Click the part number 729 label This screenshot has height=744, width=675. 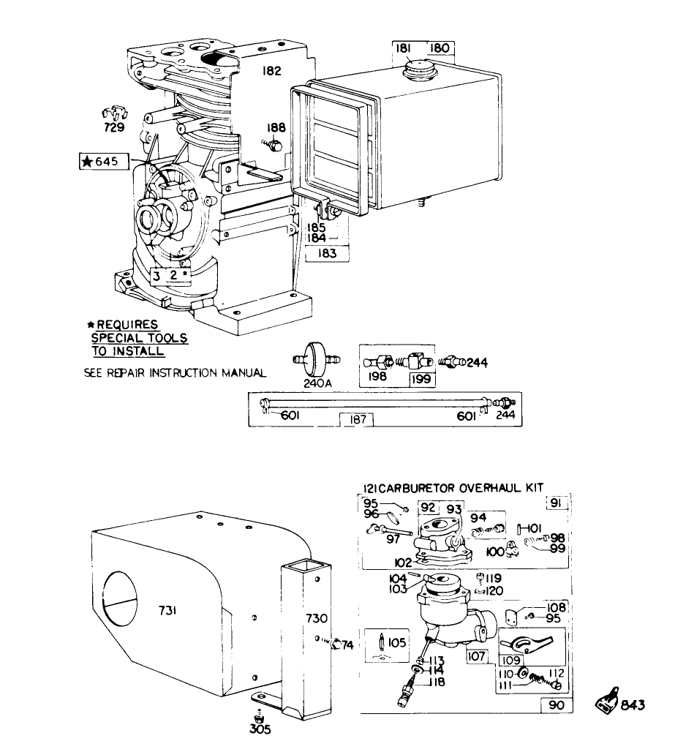113,128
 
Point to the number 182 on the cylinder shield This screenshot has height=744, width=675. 271,72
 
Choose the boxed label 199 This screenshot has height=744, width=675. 421,379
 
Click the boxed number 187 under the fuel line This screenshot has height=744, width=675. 358,420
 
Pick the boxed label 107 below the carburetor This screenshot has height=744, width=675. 477,656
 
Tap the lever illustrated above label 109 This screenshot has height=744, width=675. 528,643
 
